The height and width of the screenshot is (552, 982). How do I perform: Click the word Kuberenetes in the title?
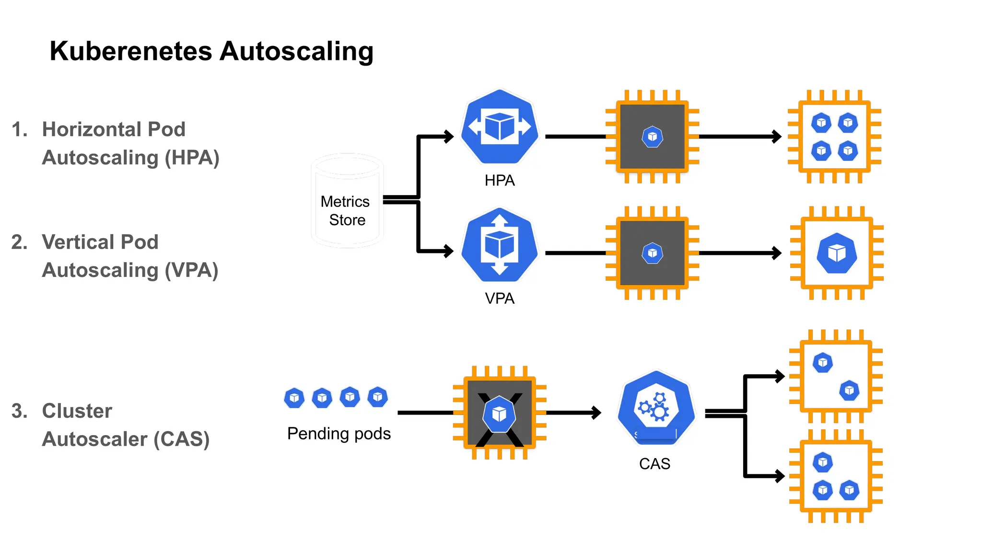point(130,51)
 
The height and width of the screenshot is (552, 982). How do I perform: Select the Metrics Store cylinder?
point(347,201)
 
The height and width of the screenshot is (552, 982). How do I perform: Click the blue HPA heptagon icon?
point(500,127)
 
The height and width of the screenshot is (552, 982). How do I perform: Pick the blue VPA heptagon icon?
point(500,245)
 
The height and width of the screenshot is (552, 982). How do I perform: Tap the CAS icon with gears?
point(655,408)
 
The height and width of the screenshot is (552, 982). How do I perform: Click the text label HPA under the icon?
point(500,181)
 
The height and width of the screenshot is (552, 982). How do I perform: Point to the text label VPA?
point(500,299)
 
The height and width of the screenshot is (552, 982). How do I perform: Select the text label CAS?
point(655,464)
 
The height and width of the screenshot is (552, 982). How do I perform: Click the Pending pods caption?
point(339,434)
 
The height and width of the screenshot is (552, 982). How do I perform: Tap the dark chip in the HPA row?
point(652,137)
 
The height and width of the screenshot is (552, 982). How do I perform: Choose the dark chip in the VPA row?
point(652,253)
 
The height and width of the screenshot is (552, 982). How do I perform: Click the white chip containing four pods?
point(834,137)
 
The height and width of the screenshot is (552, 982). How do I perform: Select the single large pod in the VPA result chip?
point(837,253)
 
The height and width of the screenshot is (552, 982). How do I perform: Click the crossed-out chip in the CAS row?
point(500,413)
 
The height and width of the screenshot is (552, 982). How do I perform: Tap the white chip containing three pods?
point(836,476)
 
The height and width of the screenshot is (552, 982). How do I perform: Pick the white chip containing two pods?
point(836,376)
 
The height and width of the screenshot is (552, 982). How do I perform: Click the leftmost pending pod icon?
point(294,398)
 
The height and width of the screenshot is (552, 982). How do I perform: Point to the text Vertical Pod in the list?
point(100,242)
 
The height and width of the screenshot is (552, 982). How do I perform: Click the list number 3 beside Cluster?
point(19,411)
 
